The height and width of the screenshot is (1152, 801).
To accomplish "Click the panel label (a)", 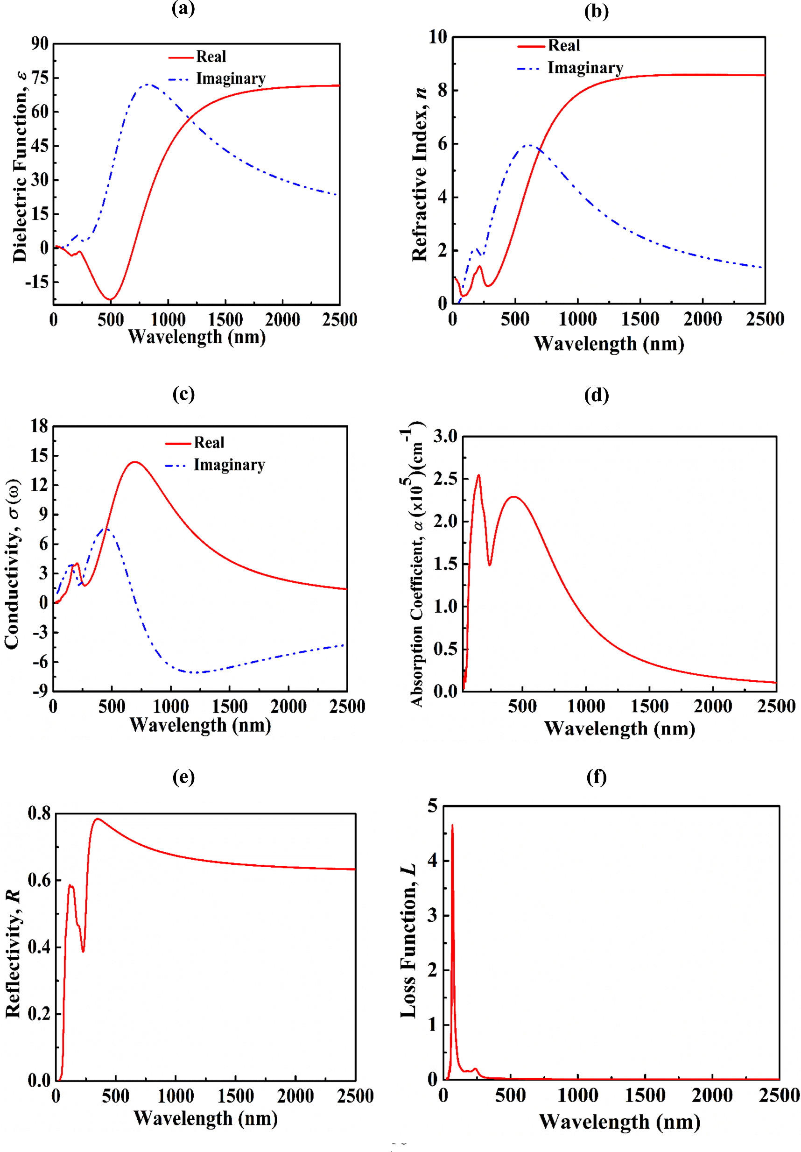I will [x=183, y=8].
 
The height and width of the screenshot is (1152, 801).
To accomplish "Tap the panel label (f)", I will [x=597, y=777].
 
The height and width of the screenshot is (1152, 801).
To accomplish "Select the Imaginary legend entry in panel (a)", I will [x=230, y=79].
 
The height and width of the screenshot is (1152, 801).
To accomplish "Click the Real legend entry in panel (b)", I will [x=563, y=46].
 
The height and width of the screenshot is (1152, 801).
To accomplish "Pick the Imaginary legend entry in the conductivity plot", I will [x=229, y=465].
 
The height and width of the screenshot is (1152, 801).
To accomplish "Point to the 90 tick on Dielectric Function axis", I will [x=40, y=43].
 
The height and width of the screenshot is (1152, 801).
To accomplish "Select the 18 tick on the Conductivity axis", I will [x=39, y=426].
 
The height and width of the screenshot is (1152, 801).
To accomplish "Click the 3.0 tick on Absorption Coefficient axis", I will [x=445, y=437].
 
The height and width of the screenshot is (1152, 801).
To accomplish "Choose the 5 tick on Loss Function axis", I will [x=432, y=806].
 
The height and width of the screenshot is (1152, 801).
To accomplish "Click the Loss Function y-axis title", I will [x=408, y=941].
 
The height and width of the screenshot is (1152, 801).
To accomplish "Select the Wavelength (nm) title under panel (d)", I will [x=619, y=728].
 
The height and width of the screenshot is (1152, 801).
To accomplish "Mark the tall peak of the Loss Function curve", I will [x=452, y=826].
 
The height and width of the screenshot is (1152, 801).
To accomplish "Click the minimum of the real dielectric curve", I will [x=110, y=299].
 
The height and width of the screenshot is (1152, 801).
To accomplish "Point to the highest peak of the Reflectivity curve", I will [x=97, y=819].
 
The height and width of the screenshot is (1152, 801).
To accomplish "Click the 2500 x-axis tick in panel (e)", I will [x=355, y=1096].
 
